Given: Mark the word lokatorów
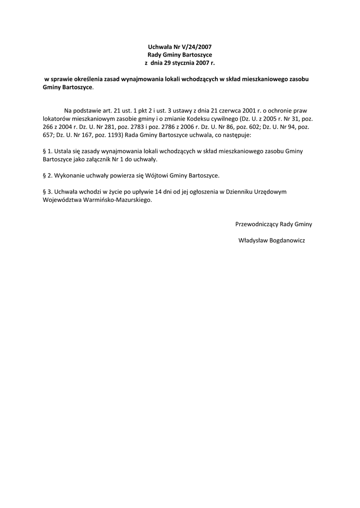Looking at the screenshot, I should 55,119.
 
